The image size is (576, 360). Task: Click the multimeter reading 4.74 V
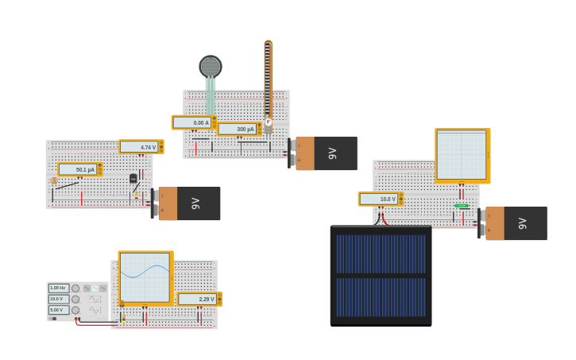(141, 147)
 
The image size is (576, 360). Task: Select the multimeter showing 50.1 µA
(79, 169)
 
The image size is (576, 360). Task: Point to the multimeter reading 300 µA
(239, 129)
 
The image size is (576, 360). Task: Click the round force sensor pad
(211, 67)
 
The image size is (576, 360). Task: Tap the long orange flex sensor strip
(268, 75)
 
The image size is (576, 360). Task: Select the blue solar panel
(381, 275)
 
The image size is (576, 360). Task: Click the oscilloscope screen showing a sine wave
(145, 277)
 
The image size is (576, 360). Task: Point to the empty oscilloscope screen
(462, 155)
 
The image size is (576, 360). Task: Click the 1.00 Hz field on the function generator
(60, 288)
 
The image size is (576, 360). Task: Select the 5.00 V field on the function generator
(60, 310)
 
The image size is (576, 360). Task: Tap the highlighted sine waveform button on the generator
(95, 288)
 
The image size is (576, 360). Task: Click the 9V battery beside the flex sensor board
(326, 153)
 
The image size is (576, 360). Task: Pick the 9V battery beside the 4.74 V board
(189, 203)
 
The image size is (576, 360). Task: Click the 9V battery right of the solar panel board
(516, 223)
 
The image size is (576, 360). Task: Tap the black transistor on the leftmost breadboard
(133, 179)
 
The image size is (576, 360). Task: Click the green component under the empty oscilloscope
(462, 206)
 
